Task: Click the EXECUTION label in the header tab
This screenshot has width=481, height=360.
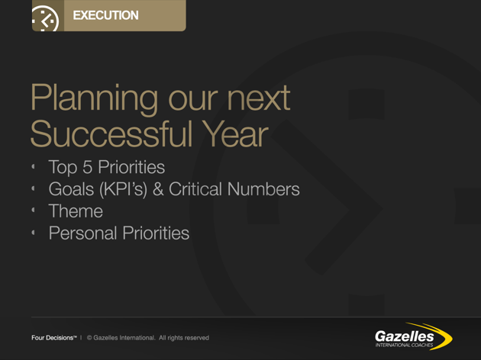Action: (x=105, y=15)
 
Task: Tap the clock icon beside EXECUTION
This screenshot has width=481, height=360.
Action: (x=45, y=19)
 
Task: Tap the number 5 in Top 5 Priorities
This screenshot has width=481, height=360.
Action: (x=87, y=166)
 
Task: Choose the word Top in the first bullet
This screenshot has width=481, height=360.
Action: (x=63, y=166)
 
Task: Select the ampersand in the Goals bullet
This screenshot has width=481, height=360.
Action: (x=159, y=188)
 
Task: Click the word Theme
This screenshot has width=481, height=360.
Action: (x=75, y=211)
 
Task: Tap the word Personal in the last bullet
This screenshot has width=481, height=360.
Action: (x=82, y=233)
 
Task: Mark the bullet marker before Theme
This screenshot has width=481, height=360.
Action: (x=34, y=211)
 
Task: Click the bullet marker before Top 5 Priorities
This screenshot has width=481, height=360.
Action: (x=34, y=166)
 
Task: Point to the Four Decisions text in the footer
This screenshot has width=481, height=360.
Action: (x=53, y=337)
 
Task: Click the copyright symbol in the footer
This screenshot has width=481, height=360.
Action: (x=89, y=337)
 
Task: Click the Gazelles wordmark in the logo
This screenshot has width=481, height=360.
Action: (x=404, y=335)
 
